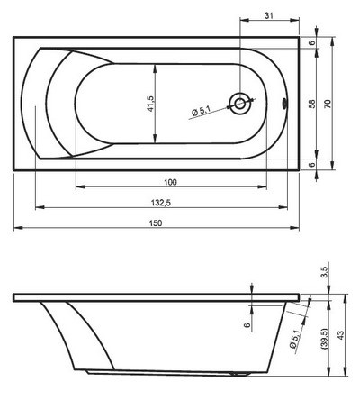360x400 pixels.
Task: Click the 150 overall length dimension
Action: coord(157,223)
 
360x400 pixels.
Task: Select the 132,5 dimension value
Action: coord(162,204)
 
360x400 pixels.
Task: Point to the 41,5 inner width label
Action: coord(149,104)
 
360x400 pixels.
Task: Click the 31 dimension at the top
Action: coord(269,15)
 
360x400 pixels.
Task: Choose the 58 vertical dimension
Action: coord(312,104)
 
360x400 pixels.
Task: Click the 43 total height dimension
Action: coord(341,335)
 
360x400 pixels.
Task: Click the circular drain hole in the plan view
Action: coord(240,103)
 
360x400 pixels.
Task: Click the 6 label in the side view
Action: coord(246,323)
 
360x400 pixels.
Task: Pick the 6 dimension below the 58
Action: coord(312,164)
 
